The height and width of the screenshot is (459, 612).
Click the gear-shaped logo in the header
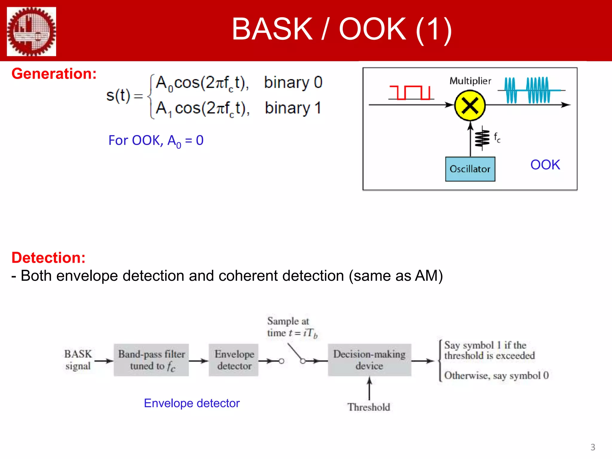pyautogui.click(x=31, y=31)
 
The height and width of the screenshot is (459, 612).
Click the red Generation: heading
pyautogui.click(x=54, y=74)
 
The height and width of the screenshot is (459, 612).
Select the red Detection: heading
pyautogui.click(x=48, y=258)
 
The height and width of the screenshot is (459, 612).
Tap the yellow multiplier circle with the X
pyautogui.click(x=470, y=105)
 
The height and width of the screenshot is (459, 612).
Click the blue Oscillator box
pyautogui.click(x=470, y=169)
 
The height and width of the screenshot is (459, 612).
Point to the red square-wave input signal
pyautogui.click(x=410, y=92)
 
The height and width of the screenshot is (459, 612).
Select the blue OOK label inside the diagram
pyautogui.click(x=545, y=165)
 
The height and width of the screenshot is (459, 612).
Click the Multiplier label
pyautogui.click(x=470, y=81)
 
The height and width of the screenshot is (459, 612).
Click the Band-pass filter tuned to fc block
pyautogui.click(x=151, y=360)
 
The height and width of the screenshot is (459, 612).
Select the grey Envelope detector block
pyautogui.click(x=234, y=360)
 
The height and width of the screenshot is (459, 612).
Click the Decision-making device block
pyautogui.click(x=369, y=360)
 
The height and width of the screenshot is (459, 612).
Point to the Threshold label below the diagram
pyautogui.click(x=368, y=407)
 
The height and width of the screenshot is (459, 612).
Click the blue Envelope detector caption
pyautogui.click(x=192, y=403)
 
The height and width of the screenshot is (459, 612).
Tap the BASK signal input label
pyautogui.click(x=78, y=360)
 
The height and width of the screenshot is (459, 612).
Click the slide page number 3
pyautogui.click(x=593, y=447)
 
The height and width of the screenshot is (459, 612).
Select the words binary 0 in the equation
pyautogui.click(x=293, y=82)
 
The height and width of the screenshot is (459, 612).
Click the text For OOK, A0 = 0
pyautogui.click(x=156, y=140)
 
